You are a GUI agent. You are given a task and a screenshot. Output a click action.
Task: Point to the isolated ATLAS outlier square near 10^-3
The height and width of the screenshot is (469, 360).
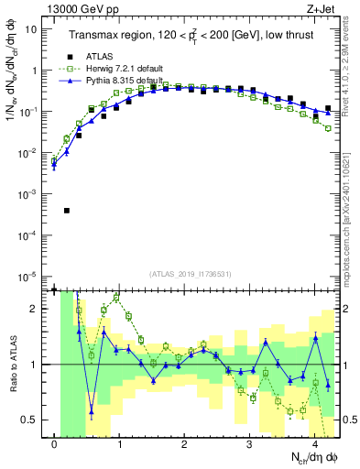[x=67, y=211]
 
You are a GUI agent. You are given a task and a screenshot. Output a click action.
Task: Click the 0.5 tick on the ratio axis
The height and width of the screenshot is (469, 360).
[x=33, y=420]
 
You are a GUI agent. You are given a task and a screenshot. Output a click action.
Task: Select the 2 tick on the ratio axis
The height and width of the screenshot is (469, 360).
[x=38, y=309]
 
